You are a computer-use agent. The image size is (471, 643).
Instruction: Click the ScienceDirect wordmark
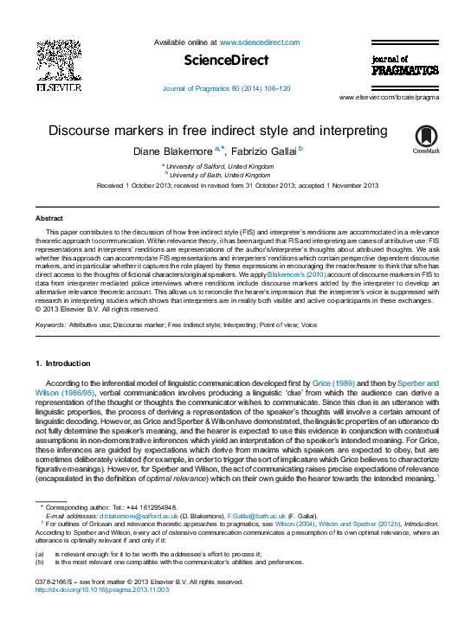click(227, 60)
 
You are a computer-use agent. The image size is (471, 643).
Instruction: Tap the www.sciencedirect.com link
click(259, 42)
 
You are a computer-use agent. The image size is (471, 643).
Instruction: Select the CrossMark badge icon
click(426, 138)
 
